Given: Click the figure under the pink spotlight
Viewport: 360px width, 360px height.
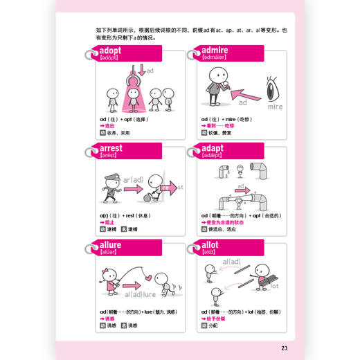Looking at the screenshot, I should (133, 96).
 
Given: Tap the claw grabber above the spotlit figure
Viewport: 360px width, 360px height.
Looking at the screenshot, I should (133, 78).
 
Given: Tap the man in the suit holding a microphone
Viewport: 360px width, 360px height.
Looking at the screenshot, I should (212, 87).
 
